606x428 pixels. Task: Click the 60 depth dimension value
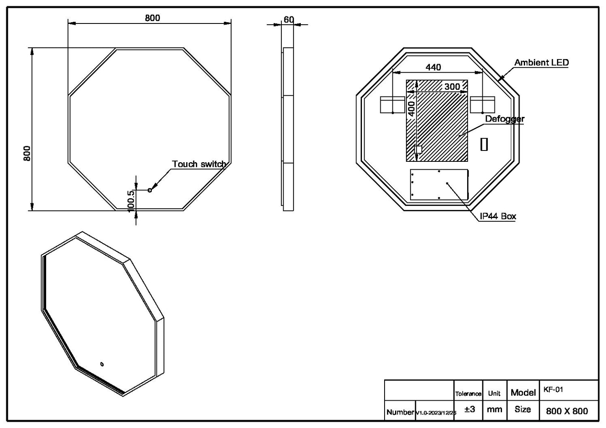tap(289, 20)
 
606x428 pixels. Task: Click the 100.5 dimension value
tap(130, 200)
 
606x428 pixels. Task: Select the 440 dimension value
tap(433, 67)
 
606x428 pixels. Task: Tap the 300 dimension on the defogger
tap(452, 86)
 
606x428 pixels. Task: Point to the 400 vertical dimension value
tap(411, 109)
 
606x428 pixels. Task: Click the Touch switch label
tap(199, 164)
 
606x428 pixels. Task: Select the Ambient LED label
tap(541, 62)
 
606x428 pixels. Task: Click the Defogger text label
tap(505, 119)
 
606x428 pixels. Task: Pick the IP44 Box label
tap(498, 216)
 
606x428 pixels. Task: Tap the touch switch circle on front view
tap(150, 190)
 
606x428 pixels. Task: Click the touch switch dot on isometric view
tap(101, 364)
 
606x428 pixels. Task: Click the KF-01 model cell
tap(553, 389)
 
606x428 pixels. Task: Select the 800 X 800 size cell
tap(567, 411)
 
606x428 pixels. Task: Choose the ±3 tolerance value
tap(470, 410)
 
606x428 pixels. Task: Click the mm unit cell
tap(494, 410)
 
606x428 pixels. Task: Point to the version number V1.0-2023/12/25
tap(436, 413)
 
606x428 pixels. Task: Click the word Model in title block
tap(523, 392)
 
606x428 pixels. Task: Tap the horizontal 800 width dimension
tap(152, 18)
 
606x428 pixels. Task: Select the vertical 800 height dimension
tap(27, 153)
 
